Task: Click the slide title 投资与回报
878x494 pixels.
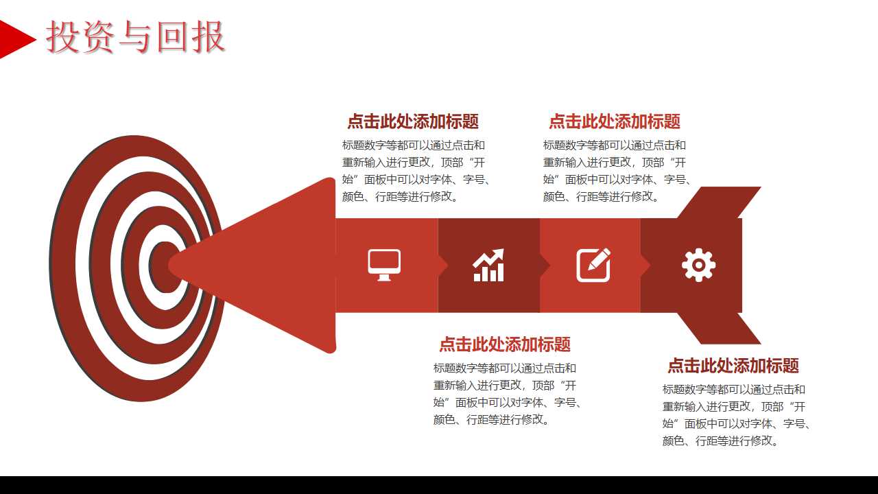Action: point(136,38)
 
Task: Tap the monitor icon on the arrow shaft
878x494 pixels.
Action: point(384,265)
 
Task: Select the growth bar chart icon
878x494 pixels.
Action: point(488,265)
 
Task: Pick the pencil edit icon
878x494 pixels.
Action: point(593,265)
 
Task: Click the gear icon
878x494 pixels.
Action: point(698,265)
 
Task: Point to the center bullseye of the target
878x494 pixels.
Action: point(162,267)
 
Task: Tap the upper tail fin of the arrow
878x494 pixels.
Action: point(720,202)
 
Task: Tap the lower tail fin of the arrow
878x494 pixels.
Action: point(720,329)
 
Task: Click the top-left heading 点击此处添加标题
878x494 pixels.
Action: point(412,121)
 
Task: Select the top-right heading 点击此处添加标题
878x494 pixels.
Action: point(614,121)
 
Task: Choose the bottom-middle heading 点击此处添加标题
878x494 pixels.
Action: point(504,344)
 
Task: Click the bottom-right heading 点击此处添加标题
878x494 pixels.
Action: point(733,365)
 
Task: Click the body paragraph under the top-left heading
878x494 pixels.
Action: point(416,171)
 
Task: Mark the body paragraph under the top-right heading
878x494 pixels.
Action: point(617,171)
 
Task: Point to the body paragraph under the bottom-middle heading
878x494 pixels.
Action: point(507,394)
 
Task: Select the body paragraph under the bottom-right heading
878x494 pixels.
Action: point(736,415)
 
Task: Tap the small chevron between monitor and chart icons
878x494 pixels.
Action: point(443,266)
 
